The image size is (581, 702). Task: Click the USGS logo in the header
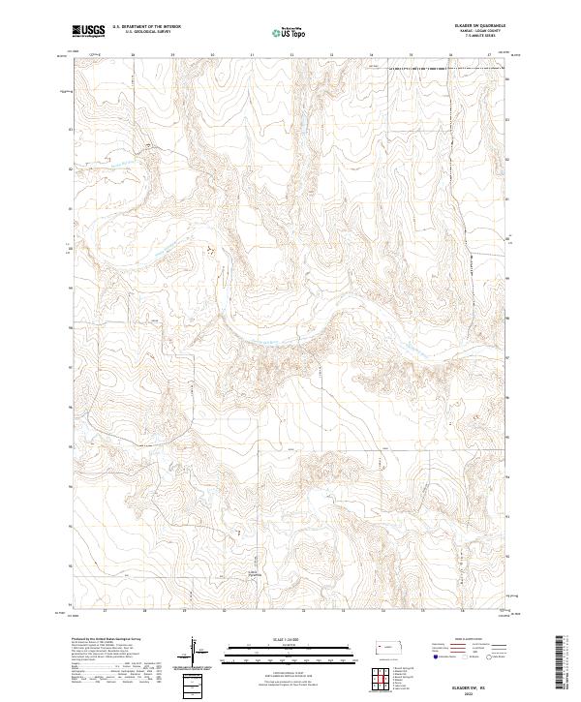pyautogui.click(x=89, y=32)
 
